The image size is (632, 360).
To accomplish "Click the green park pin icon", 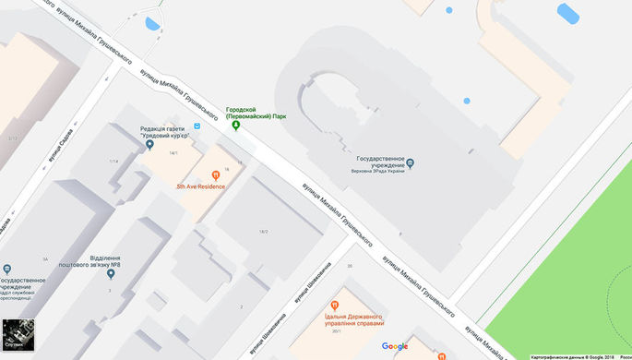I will [235, 126].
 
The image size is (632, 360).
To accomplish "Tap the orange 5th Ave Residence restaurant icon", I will [215, 174].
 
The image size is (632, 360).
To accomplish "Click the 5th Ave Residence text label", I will [201, 186].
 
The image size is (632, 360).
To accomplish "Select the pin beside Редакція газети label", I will [149, 145].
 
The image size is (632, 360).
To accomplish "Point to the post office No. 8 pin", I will [111, 273].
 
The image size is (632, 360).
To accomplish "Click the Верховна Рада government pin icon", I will [411, 163].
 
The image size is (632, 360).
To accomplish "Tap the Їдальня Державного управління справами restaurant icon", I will [334, 305].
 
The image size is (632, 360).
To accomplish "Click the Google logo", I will [395, 347].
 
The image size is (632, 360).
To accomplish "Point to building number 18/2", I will [263, 231].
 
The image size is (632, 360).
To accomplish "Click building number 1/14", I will [113, 162].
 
